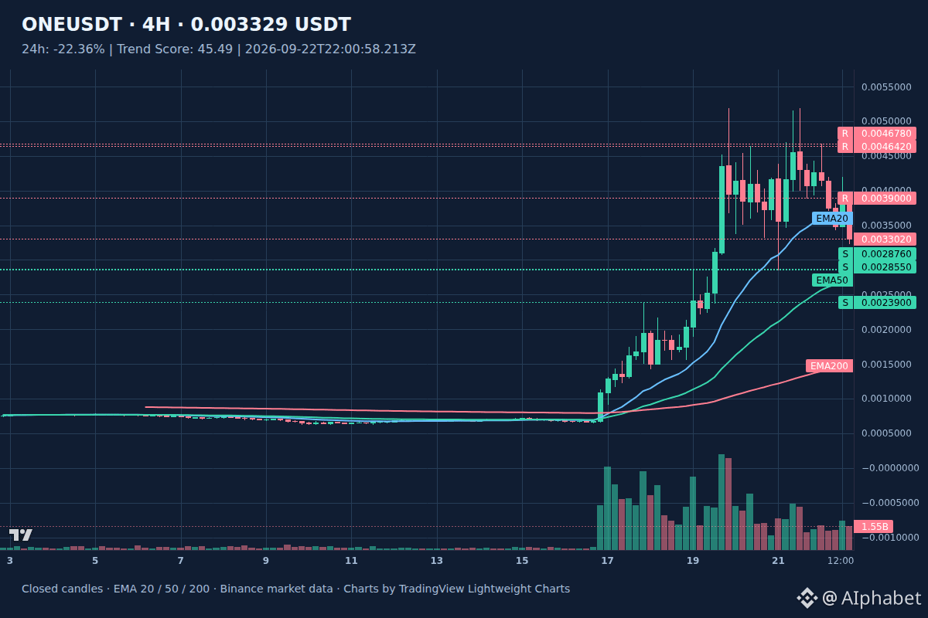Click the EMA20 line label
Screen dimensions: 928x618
tap(832, 218)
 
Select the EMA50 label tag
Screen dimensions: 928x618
tap(832, 280)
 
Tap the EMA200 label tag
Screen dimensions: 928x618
tap(829, 366)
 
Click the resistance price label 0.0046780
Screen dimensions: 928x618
tap(886, 134)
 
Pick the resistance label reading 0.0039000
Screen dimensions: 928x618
tap(886, 199)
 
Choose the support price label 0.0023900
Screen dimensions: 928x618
tap(886, 303)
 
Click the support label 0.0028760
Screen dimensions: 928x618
tap(886, 253)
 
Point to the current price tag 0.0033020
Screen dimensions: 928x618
tap(885, 239)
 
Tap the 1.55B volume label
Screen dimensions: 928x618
tap(874, 527)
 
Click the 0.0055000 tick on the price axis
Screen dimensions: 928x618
tap(886, 87)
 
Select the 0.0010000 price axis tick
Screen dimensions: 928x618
tap(886, 398)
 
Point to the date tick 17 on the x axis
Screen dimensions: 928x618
tap(607, 561)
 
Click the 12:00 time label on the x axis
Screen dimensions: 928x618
tap(840, 561)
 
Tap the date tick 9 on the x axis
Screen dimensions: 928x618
tap(265, 561)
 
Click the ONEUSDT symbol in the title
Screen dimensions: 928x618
tap(72, 25)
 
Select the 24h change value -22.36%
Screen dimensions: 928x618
tap(79, 49)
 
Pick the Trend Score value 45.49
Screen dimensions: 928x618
tap(215, 49)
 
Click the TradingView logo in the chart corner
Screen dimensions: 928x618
tap(20, 535)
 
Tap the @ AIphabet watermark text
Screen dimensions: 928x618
tap(872, 598)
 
